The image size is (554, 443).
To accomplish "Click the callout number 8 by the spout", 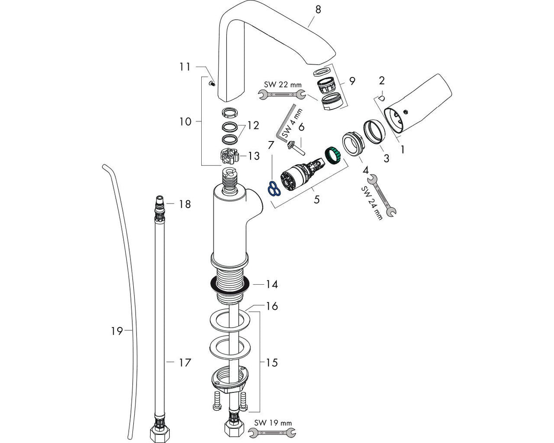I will pyautogui.click(x=318, y=9).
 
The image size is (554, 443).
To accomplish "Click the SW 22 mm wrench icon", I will pyautogui.click(x=282, y=94).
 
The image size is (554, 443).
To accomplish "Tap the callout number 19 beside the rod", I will pyautogui.click(x=117, y=330).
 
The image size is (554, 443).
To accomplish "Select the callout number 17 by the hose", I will pyautogui.click(x=185, y=363).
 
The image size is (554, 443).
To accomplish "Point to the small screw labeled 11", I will pyautogui.click(x=211, y=83).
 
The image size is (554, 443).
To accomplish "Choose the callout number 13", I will pyautogui.click(x=253, y=156).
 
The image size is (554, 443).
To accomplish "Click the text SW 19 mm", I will pyautogui.click(x=273, y=423).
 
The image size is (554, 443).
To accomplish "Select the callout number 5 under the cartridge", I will pyautogui.click(x=317, y=199).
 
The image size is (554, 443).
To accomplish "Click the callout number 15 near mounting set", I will pyautogui.click(x=272, y=363).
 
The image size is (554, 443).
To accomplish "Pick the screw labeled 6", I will pyautogui.click(x=293, y=146).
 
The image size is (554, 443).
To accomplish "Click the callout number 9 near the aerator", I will pyautogui.click(x=352, y=81).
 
